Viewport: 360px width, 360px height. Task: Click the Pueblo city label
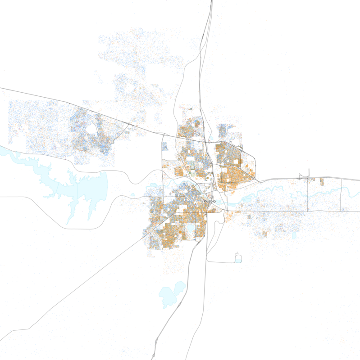coord(210,201)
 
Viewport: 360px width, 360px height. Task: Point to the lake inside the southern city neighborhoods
coord(191,229)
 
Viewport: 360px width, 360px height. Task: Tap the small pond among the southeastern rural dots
coord(294,235)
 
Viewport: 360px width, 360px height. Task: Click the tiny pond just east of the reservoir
coord(132,195)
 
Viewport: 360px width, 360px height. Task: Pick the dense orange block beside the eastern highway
coord(322,182)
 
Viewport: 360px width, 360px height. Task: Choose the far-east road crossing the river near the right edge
coord(341,193)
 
